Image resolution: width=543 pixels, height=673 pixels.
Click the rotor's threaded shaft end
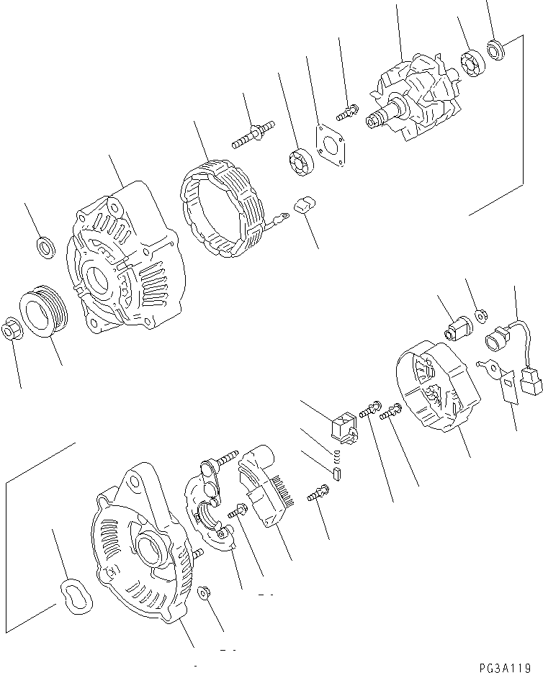coord(376,122)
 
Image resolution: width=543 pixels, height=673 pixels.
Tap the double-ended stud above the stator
coord(253,135)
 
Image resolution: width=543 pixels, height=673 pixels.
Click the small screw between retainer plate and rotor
coord(347,112)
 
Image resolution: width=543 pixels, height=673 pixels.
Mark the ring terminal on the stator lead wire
coord(282,212)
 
